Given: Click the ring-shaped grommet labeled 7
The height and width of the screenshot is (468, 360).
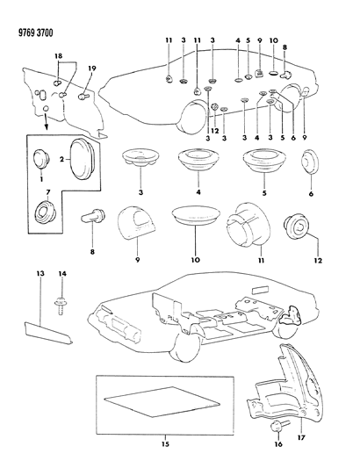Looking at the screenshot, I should point(42,213).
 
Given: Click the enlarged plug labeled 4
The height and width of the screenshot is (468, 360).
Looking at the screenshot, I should point(198,162).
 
